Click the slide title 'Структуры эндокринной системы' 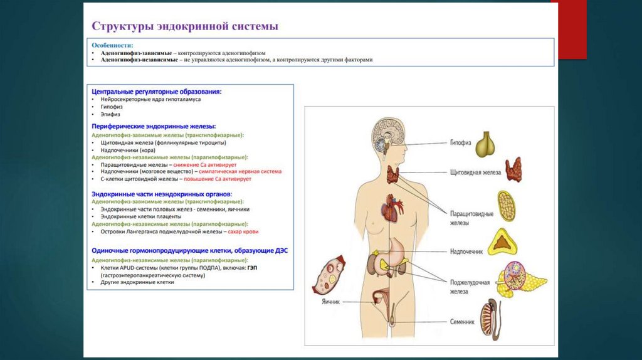tap(185, 26)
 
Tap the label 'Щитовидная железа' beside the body tap(475, 171)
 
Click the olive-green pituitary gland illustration tap(484, 144)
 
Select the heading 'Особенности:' tap(112, 45)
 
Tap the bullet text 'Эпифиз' tap(110, 114)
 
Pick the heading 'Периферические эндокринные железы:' tap(154, 126)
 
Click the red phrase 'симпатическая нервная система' tap(241, 171)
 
